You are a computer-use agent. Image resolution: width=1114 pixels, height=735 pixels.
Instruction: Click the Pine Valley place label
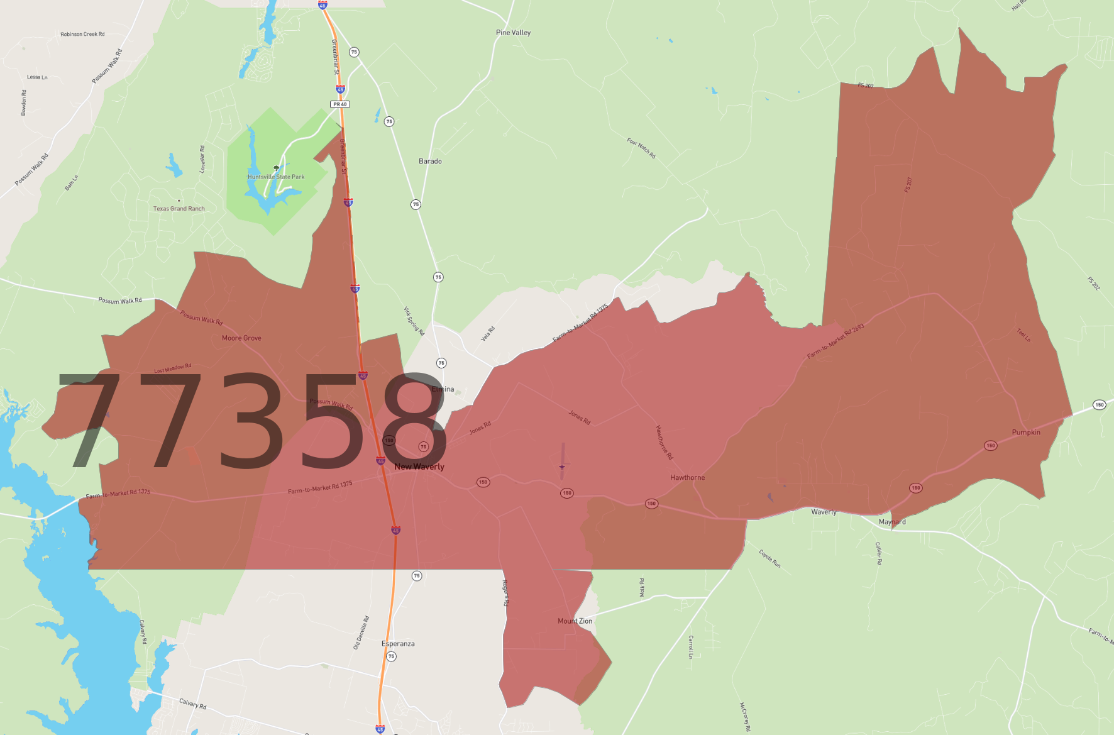click(x=513, y=33)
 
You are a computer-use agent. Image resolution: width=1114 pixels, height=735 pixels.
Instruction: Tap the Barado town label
click(x=430, y=162)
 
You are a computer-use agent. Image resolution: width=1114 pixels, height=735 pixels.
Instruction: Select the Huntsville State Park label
click(x=276, y=177)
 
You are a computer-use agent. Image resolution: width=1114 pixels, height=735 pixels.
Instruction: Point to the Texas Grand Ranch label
click(x=179, y=209)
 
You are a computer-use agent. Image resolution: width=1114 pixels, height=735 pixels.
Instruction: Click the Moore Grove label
click(x=241, y=338)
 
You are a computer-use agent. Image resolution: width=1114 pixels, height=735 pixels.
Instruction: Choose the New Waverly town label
click(x=419, y=467)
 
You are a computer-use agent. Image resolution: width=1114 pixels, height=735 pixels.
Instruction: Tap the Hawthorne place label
click(x=687, y=478)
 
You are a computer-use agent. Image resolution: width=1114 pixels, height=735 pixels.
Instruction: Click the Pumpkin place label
click(x=1026, y=433)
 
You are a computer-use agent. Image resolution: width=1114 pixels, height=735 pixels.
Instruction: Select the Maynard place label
click(x=892, y=522)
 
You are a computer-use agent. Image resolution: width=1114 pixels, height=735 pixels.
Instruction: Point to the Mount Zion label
click(x=575, y=621)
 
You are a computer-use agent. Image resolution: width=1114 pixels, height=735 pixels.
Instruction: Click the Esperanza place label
click(x=398, y=644)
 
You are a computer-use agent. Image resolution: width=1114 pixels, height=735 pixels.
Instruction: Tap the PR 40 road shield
click(x=340, y=104)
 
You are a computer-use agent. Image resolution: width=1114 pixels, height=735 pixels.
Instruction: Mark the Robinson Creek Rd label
click(x=82, y=35)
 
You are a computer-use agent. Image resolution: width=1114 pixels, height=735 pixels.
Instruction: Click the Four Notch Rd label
click(x=641, y=148)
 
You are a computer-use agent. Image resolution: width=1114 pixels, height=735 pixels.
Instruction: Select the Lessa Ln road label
click(x=37, y=77)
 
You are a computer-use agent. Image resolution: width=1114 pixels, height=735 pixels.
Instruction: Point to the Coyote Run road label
click(x=769, y=559)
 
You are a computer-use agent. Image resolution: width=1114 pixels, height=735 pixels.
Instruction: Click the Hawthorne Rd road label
click(x=664, y=443)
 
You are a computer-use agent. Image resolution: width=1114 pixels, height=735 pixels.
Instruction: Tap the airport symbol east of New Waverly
click(x=562, y=467)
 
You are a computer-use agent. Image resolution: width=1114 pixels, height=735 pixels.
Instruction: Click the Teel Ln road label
click(x=1024, y=335)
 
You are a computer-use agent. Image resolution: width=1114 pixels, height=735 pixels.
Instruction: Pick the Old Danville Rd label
click(x=361, y=633)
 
